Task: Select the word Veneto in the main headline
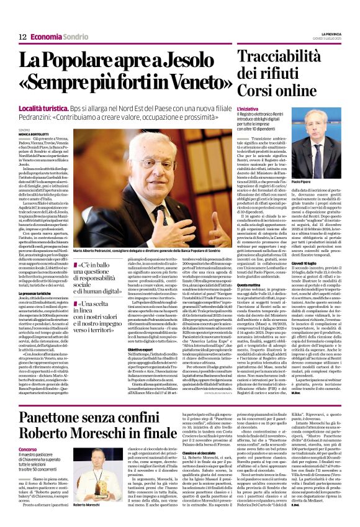(191, 83)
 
